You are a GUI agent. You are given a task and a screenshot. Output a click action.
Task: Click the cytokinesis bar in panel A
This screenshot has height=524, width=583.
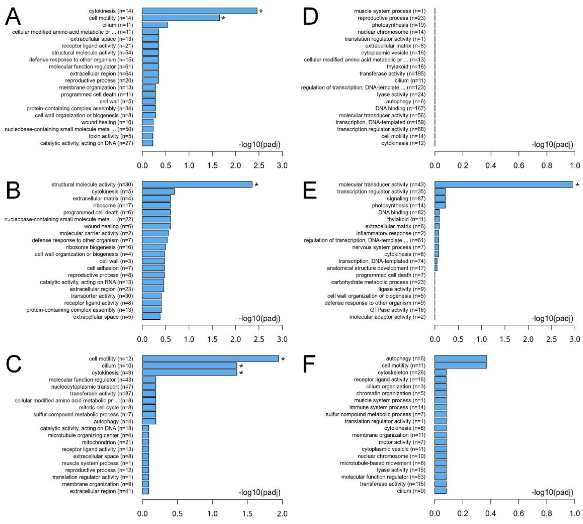199,11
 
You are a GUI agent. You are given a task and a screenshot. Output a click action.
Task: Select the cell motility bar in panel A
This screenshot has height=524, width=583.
181,18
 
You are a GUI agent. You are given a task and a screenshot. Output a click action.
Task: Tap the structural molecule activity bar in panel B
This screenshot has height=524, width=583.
197,185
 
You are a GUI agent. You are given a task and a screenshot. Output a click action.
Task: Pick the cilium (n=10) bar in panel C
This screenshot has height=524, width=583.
189,366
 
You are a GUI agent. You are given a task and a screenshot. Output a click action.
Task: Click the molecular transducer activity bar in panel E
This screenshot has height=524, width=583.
504,185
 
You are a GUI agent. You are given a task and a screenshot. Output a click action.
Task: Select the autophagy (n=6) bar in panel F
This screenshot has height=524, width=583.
460,358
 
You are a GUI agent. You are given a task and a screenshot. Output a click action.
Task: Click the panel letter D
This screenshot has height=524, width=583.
310,16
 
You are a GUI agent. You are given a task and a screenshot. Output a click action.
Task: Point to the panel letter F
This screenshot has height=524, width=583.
309,364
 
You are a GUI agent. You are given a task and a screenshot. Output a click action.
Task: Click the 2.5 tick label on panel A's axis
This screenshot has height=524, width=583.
259,166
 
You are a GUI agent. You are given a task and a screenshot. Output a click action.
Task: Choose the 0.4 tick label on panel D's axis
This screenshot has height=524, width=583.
491,166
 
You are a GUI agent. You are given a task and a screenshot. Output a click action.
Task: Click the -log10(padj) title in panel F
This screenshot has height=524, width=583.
552,492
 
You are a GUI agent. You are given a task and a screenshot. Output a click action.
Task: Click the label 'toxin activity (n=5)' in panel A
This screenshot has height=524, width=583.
111,136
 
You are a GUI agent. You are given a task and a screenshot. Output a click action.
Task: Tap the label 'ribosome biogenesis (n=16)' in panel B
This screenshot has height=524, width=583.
99,247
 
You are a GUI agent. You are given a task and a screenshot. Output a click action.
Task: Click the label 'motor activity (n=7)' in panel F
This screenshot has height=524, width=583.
402,442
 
